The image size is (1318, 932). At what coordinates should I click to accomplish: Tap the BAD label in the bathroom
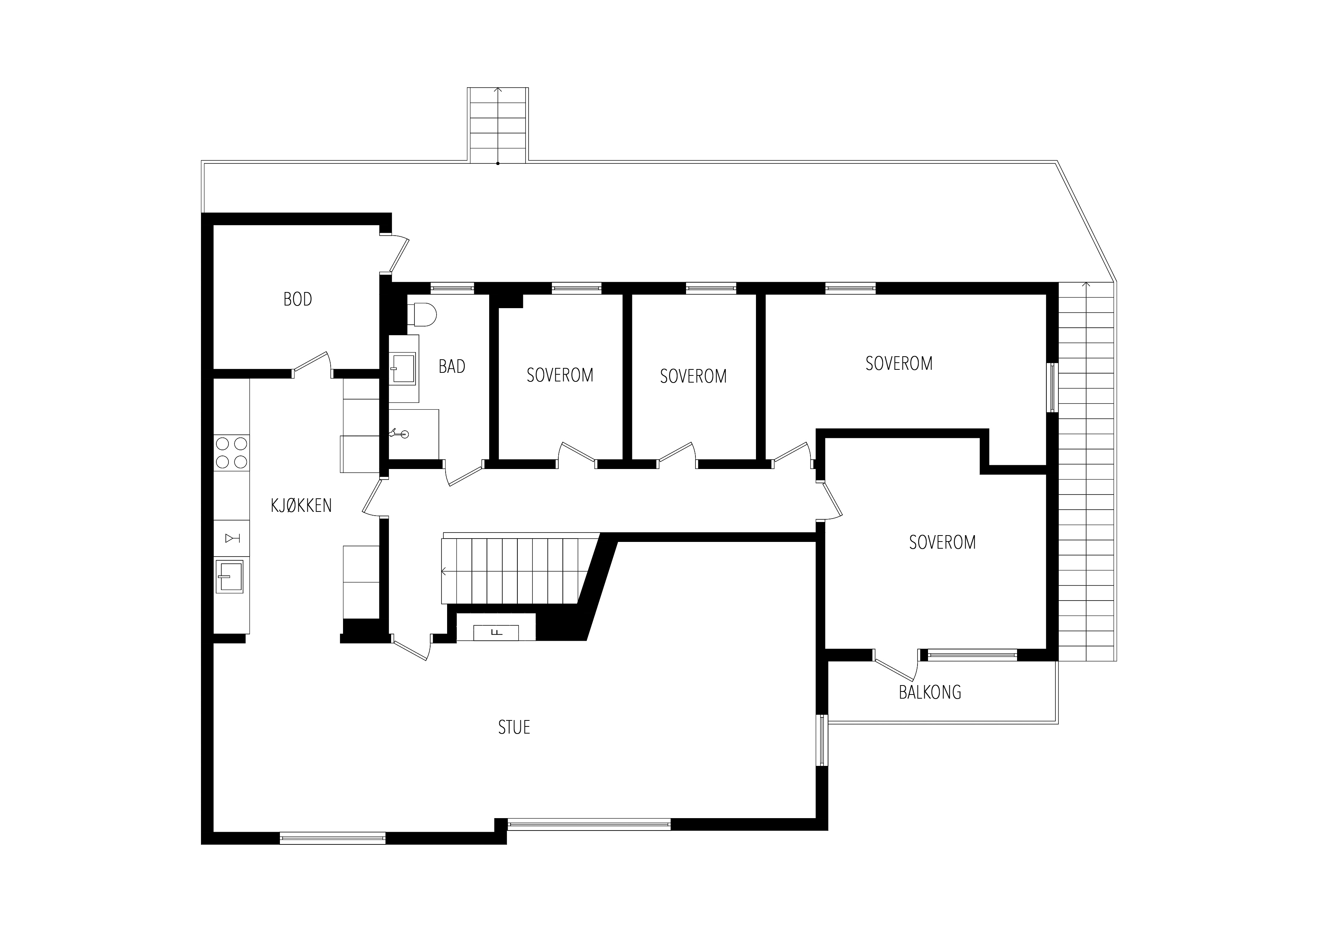[x=452, y=366]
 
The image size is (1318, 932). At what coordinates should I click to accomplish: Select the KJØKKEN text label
[x=301, y=505]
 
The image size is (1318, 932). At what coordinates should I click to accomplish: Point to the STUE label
[x=514, y=728]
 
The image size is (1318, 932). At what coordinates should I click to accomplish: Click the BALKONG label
[x=930, y=693]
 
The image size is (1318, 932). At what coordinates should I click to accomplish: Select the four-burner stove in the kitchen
[x=231, y=452]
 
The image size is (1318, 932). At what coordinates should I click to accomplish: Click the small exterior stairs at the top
[x=498, y=125]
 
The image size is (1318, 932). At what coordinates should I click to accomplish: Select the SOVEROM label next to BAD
[x=560, y=375]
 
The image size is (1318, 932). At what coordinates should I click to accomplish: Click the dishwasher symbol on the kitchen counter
[x=232, y=538]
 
